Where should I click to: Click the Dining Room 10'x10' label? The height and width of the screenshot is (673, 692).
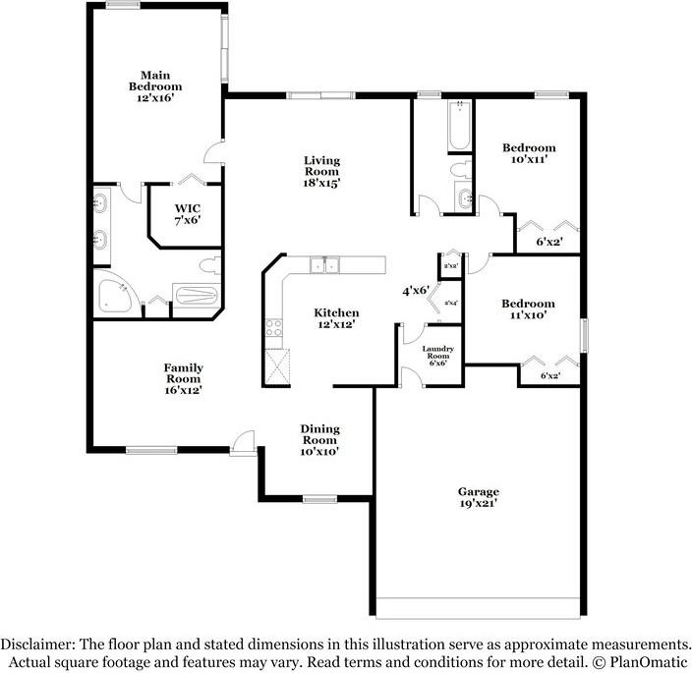click(x=319, y=440)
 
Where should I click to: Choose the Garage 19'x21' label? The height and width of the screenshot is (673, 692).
click(x=478, y=497)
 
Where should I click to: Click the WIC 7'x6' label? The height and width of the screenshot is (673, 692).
click(x=188, y=214)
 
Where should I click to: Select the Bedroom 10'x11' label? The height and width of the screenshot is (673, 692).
click(x=529, y=153)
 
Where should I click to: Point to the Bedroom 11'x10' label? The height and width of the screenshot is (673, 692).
click(x=528, y=309)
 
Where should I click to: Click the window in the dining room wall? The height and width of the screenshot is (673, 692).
click(x=319, y=500)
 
